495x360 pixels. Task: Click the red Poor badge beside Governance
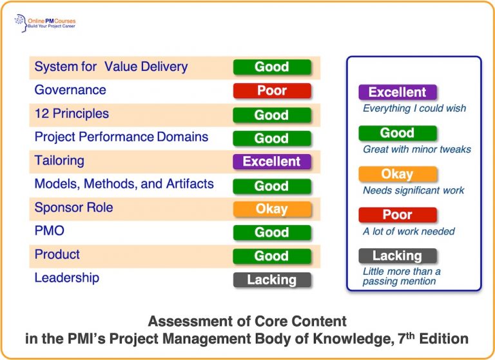(272, 91)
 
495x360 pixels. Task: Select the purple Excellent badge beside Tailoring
(272, 161)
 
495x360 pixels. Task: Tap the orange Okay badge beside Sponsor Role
(272, 209)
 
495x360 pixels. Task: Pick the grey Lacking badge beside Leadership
(272, 280)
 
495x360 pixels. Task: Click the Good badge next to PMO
(272, 232)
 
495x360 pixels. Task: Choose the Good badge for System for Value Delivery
(272, 67)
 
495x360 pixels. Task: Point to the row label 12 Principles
(72, 114)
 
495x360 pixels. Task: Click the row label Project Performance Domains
(121, 137)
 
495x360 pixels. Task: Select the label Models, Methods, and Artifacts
(124, 184)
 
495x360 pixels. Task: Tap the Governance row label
(70, 90)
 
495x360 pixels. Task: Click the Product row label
(57, 254)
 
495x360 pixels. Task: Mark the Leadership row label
(67, 278)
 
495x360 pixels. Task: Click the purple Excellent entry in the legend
(397, 92)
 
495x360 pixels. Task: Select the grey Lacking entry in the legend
(397, 255)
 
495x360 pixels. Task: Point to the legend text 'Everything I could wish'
(414, 108)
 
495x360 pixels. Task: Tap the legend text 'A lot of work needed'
(409, 231)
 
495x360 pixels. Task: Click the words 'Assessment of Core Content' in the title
(247, 321)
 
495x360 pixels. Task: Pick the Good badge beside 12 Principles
(272, 115)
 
